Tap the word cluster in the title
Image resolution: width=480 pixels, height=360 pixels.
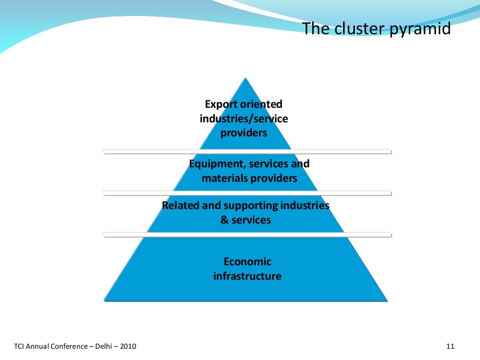[359, 29]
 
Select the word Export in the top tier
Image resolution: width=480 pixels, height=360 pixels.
[222, 104]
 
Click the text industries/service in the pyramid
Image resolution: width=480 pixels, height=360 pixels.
[244, 119]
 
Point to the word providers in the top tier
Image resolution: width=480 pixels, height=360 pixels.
[244, 133]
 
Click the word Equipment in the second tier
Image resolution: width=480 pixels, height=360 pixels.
[216, 164]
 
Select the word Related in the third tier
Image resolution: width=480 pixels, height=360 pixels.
[180, 205]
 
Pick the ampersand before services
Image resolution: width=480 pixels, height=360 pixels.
[224, 220]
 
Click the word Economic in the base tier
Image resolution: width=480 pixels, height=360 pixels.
[247, 262]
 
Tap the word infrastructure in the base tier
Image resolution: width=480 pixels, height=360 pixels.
[247, 276]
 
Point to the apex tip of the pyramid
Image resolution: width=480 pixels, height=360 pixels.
[244, 78]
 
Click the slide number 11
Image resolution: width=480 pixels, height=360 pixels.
[450, 347]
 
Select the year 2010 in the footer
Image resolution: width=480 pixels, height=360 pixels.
[128, 347]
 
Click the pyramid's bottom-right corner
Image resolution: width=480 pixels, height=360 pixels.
[387, 300]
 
